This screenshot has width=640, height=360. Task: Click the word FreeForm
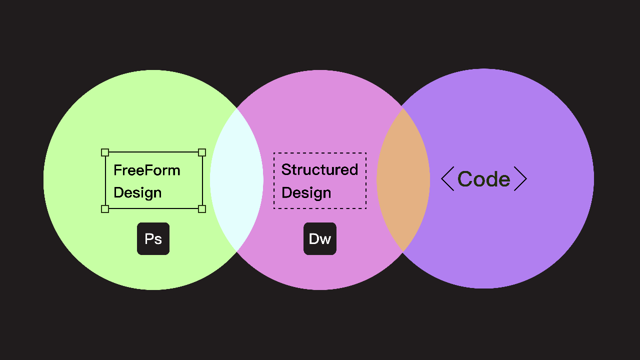point(147,170)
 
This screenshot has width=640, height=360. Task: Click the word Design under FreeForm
point(137,193)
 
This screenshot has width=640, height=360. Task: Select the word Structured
point(319,169)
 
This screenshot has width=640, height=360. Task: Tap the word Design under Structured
point(306,193)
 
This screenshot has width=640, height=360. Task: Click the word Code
point(483,179)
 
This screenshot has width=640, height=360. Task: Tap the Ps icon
point(153,238)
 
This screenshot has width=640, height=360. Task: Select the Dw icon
point(319,238)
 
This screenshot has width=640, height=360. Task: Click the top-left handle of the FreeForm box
point(105,152)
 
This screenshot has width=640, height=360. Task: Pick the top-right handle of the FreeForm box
point(202,152)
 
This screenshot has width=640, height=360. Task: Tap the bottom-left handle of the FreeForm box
point(105,209)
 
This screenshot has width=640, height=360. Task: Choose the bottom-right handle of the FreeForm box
point(202,209)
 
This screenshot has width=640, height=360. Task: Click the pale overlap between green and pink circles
point(236,180)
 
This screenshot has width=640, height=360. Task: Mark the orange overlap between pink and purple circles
point(403,180)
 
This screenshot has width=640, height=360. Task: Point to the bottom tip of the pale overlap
point(236,251)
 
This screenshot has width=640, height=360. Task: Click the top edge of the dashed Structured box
point(319,153)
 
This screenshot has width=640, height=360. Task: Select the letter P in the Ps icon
point(149,238)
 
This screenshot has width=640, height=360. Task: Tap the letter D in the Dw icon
point(313,238)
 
